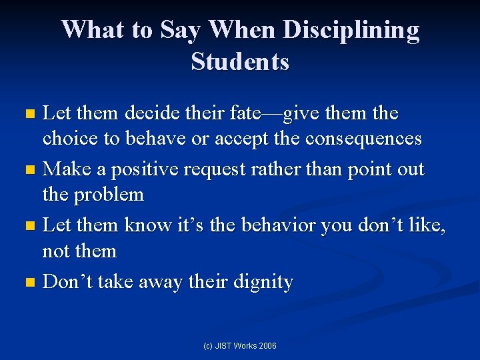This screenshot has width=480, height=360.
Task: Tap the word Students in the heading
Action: pyautogui.click(x=240, y=62)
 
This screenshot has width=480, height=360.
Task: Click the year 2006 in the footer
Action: pyautogui.click(x=267, y=345)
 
